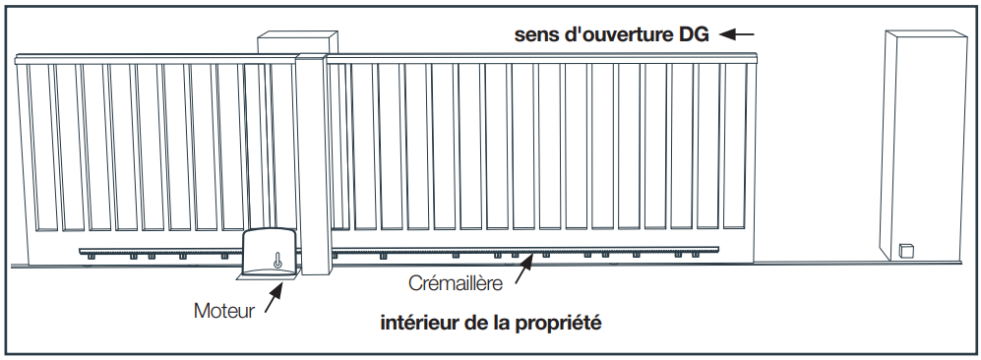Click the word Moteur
pyautogui.click(x=224, y=311)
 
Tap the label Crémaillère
pyautogui.click(x=456, y=283)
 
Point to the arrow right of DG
pyautogui.click(x=737, y=34)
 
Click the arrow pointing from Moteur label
pyautogui.click(x=274, y=297)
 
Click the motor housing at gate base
pyautogui.click(x=272, y=252)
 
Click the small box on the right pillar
pyautogui.click(x=906, y=251)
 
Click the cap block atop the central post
pyautogui.click(x=297, y=42)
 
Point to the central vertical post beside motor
pyautogui.click(x=311, y=163)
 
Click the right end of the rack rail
pyautogui.click(x=717, y=251)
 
